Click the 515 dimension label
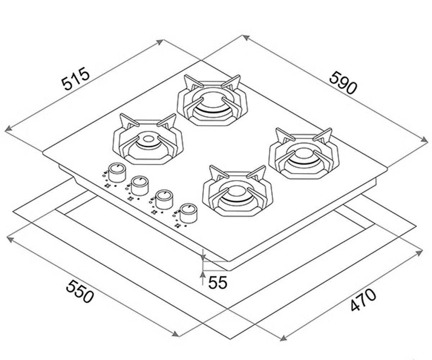pyautogui.click(x=76, y=78)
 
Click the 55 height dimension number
pyautogui.click(x=218, y=282)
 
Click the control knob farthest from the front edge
pyautogui.click(x=117, y=172)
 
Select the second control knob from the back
pyautogui.click(x=140, y=186)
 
